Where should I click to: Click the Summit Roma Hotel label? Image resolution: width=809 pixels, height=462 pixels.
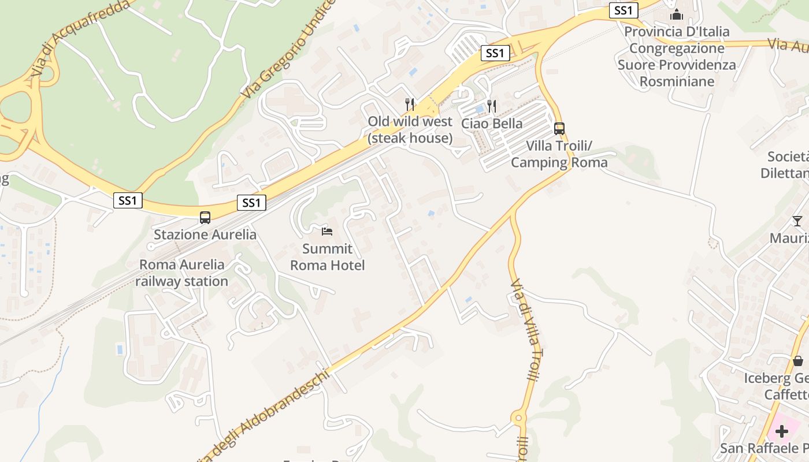click(x=327, y=257)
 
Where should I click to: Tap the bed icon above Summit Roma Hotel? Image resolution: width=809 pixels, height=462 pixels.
click(x=327, y=232)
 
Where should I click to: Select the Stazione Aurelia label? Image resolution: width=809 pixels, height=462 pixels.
click(x=205, y=234)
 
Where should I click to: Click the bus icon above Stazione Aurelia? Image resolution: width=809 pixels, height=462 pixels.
click(x=205, y=218)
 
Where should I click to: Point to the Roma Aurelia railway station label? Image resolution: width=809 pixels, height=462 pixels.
click(x=181, y=273)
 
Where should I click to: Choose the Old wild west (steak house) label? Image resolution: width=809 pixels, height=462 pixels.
click(x=410, y=130)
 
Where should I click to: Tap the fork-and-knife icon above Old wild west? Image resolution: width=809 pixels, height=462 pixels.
click(x=410, y=105)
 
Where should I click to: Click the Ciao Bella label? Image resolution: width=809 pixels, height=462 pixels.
click(x=492, y=123)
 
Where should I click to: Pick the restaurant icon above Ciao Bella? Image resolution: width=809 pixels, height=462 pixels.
click(x=492, y=106)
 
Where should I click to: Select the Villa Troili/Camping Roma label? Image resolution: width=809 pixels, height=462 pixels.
click(x=559, y=154)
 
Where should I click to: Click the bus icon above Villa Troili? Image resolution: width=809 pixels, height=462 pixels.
click(x=559, y=129)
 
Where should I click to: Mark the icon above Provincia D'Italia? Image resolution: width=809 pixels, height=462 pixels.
click(x=677, y=14)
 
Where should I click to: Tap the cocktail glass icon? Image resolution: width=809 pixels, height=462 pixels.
click(x=797, y=221)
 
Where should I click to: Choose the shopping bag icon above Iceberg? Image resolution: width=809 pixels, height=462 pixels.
click(x=798, y=362)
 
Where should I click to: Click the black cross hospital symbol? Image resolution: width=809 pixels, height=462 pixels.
click(x=782, y=431)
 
